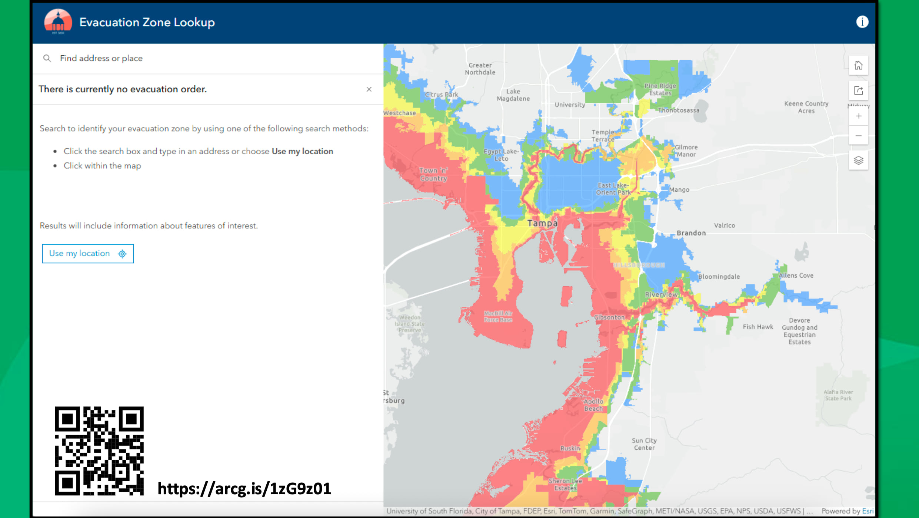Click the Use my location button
click(x=88, y=254)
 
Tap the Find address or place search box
click(x=207, y=59)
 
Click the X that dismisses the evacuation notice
click(x=369, y=89)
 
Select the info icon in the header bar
click(x=862, y=22)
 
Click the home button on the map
click(x=858, y=66)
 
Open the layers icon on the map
click(x=858, y=161)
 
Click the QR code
click(x=99, y=451)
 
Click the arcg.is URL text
click(x=244, y=489)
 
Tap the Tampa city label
click(x=542, y=223)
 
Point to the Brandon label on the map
click(x=691, y=233)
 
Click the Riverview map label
click(x=661, y=295)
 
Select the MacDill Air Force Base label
click(x=498, y=317)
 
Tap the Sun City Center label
click(x=644, y=444)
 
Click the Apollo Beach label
click(x=593, y=405)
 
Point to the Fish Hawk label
click(x=758, y=327)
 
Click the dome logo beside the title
click(x=58, y=22)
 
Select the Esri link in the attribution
click(x=868, y=511)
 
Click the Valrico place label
click(x=724, y=225)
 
